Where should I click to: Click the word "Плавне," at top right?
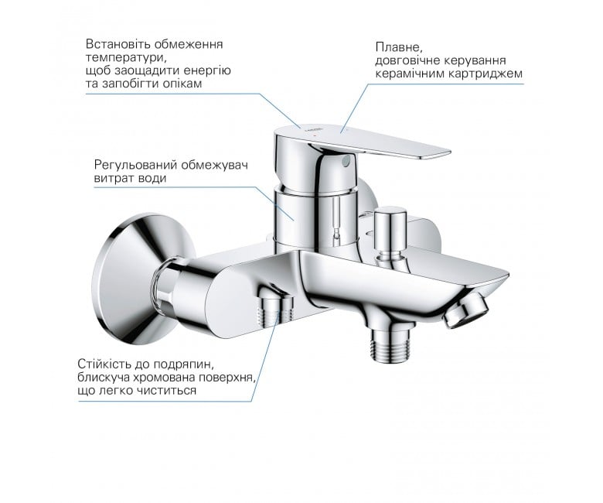[x=399, y=48]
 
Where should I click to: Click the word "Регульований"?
[x=136, y=165]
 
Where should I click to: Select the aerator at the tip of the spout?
[x=466, y=308]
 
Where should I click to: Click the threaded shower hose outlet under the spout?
[x=390, y=344]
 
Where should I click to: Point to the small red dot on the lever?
[x=315, y=137]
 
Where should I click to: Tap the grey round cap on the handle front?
[x=346, y=160]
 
